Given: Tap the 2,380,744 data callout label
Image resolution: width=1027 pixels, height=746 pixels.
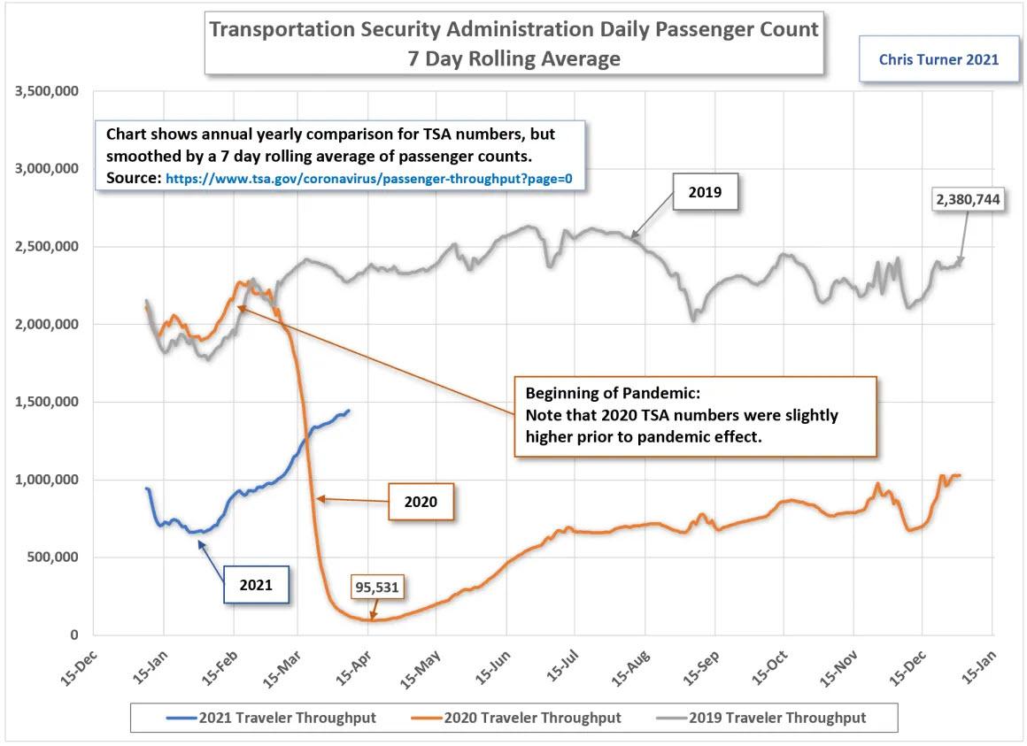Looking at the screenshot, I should [x=968, y=200].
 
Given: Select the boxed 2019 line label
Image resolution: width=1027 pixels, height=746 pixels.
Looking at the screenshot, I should [x=705, y=190].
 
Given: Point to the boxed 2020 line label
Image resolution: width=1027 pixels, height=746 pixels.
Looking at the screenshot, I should [x=421, y=501].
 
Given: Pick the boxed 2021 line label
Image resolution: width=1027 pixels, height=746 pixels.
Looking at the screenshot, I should [x=257, y=584].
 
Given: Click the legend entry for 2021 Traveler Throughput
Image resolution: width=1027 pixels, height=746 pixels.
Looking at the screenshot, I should [x=273, y=718].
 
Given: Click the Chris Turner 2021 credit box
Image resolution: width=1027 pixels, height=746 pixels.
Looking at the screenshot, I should [x=938, y=60].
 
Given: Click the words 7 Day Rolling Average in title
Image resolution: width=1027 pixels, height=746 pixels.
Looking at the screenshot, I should [x=513, y=59].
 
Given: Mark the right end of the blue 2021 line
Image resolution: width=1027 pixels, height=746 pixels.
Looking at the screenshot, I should [x=349, y=411].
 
